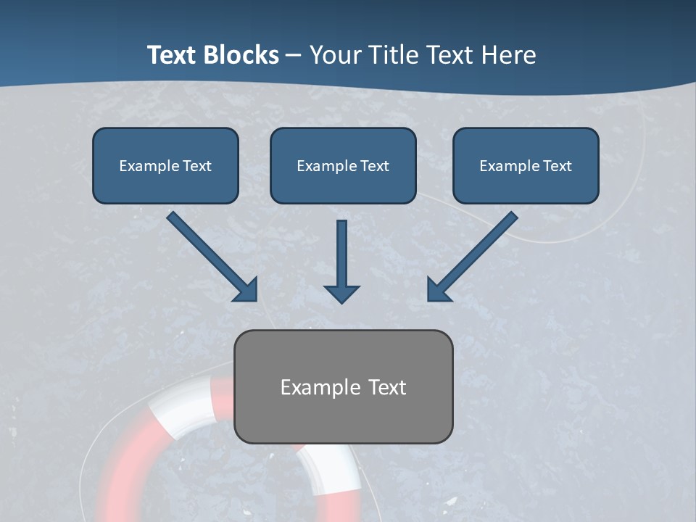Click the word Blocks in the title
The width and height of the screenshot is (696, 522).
[x=240, y=55]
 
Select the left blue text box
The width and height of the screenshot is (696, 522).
[x=165, y=165]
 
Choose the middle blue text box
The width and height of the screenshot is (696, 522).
[x=343, y=165]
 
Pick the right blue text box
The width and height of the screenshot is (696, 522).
[x=526, y=165]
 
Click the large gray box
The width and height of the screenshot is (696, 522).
[x=343, y=386]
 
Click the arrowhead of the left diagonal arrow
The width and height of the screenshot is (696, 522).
[x=246, y=289]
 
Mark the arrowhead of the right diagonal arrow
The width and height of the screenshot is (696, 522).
[x=438, y=289]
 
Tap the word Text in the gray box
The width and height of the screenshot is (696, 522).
[x=388, y=387]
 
